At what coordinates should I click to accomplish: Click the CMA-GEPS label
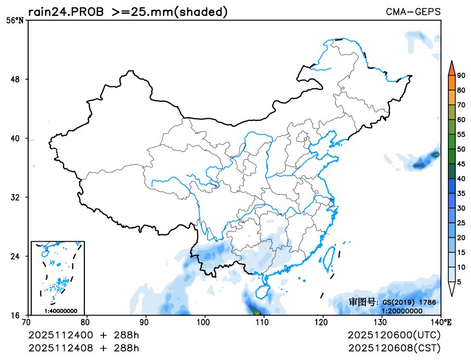[x=413, y=11]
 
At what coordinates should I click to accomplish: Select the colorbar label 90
[x=461, y=76]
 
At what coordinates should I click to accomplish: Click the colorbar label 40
[x=461, y=178]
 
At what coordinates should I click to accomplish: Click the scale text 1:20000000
[x=402, y=311]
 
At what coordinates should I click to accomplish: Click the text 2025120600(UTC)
[x=394, y=335]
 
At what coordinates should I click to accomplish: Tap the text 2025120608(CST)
[x=394, y=348]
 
